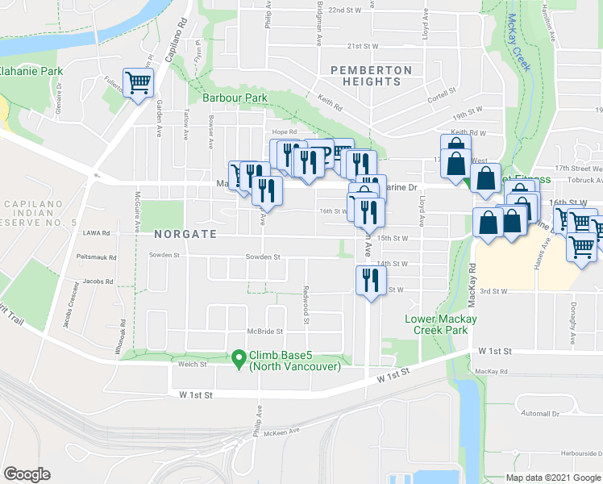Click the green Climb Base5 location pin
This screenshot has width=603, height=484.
point(238,357)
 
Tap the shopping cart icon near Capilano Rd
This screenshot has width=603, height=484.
point(139,81)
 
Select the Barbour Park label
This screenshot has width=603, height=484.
point(235,98)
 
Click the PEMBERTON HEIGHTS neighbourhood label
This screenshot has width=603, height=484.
point(371,76)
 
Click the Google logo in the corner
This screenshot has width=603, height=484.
point(27,474)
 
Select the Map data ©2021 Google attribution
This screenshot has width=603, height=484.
point(552,478)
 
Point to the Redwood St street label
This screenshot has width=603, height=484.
point(306,305)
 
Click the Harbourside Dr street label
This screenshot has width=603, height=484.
point(576,451)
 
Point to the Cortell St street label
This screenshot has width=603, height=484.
point(442,91)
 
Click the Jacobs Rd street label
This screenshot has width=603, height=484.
point(98,282)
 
